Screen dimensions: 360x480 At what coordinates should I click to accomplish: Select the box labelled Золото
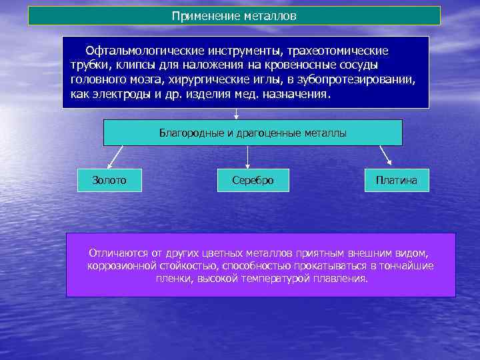[109, 180]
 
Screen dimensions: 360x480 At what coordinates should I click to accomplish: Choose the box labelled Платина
[396, 180]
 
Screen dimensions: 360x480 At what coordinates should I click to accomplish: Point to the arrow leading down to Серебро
[248, 156]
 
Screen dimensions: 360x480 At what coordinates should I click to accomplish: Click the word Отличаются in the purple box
[115, 253]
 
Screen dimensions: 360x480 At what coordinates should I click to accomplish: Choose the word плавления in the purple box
[341, 278]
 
